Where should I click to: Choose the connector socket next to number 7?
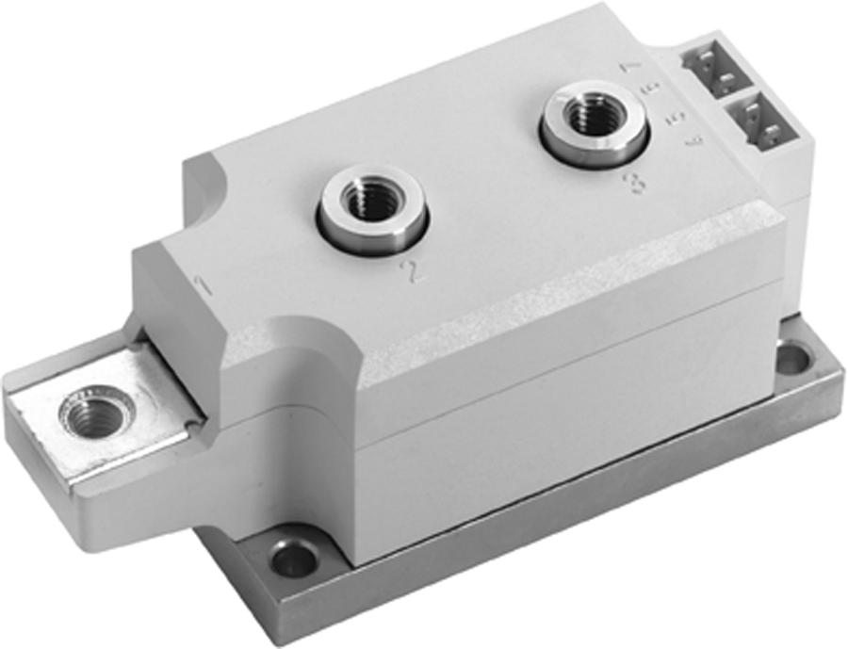720,69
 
